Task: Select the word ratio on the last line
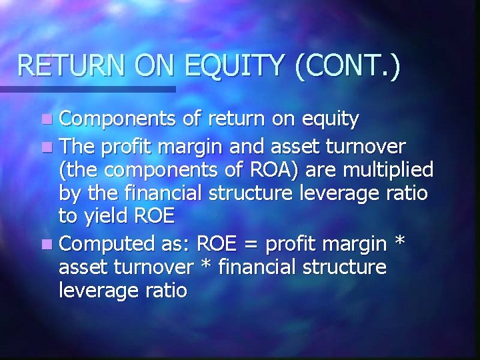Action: [164, 292]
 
